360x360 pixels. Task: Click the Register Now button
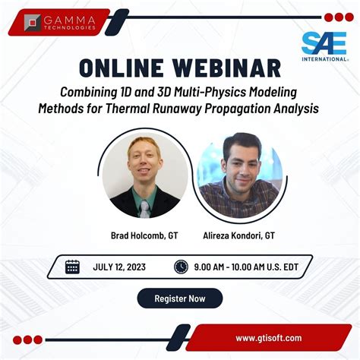(x=180, y=298)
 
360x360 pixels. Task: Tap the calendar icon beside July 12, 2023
(x=73, y=267)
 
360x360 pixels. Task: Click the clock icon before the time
(x=181, y=267)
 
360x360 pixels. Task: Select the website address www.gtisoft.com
(x=269, y=338)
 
